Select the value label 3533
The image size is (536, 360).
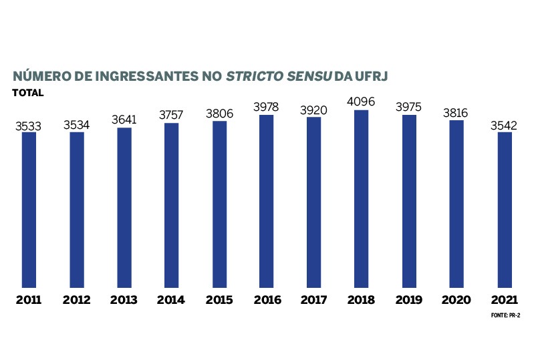pyautogui.click(x=29, y=125)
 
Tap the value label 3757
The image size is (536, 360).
pyautogui.click(x=171, y=116)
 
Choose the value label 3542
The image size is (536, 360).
pyautogui.click(x=505, y=125)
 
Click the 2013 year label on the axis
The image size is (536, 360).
pyautogui.click(x=124, y=300)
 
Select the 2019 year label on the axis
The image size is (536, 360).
pyautogui.click(x=409, y=300)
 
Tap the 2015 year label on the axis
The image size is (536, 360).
pyautogui.click(x=219, y=300)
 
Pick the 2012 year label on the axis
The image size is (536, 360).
pyautogui.click(x=76, y=300)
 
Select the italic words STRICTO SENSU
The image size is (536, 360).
pyautogui.click(x=279, y=76)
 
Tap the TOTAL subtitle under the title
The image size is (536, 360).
pyautogui.click(x=27, y=93)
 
